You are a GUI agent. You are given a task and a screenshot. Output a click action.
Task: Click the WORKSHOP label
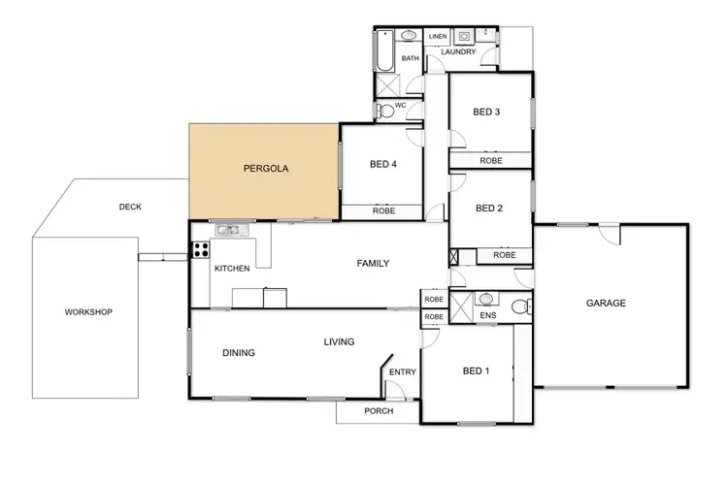click(x=89, y=312)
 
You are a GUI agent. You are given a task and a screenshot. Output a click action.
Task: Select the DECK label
click(x=130, y=207)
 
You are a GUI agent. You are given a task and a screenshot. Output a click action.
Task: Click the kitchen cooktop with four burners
click(x=201, y=248)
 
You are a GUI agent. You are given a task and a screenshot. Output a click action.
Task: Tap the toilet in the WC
click(x=386, y=110)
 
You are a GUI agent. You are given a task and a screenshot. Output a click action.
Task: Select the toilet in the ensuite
click(x=519, y=307)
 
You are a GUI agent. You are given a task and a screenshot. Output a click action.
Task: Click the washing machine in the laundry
click(x=465, y=37)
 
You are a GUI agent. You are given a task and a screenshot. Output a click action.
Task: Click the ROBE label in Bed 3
click(x=490, y=160)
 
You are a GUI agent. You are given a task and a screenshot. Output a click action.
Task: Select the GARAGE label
click(x=606, y=304)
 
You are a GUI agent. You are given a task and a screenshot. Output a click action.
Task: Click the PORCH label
click(x=378, y=410)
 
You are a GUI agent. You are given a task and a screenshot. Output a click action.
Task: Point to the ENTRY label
click(x=402, y=372)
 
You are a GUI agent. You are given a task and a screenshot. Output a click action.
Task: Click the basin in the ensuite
click(x=486, y=299)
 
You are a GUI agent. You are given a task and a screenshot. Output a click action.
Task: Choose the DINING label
click(x=239, y=353)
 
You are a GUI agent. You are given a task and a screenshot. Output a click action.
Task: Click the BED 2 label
click(x=488, y=208)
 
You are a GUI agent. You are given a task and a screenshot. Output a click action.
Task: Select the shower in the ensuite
click(x=460, y=308)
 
